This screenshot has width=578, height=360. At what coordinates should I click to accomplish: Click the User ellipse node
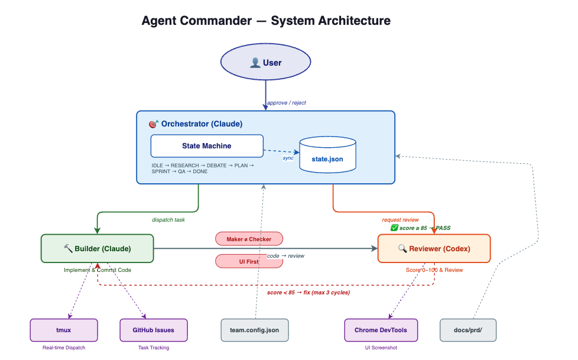tap(265, 63)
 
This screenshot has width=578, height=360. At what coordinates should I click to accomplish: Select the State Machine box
tap(206, 146)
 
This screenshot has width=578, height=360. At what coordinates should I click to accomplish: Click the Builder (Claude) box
tap(97, 248)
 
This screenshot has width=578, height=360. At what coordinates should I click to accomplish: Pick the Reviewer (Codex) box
tap(434, 248)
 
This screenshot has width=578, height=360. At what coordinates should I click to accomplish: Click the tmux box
tap(64, 330)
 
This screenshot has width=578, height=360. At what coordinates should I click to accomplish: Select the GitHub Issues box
tap(154, 330)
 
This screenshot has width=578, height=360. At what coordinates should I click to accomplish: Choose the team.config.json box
tap(255, 330)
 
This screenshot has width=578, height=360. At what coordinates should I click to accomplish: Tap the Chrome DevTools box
tap(381, 330)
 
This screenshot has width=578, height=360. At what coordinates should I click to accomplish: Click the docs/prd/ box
tap(468, 330)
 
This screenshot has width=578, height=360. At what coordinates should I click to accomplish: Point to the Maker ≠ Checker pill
tap(249, 239)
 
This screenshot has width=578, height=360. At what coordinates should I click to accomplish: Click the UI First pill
tap(249, 261)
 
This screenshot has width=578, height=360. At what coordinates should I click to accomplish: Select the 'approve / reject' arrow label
tap(287, 103)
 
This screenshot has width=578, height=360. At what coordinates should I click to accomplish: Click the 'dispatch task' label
tap(168, 220)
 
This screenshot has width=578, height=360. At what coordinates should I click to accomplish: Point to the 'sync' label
tap(288, 158)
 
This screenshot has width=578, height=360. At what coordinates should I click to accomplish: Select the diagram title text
tap(266, 21)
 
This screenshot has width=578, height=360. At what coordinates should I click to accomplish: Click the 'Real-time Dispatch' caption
tap(64, 348)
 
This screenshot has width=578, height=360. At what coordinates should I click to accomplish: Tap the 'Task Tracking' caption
tap(154, 348)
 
